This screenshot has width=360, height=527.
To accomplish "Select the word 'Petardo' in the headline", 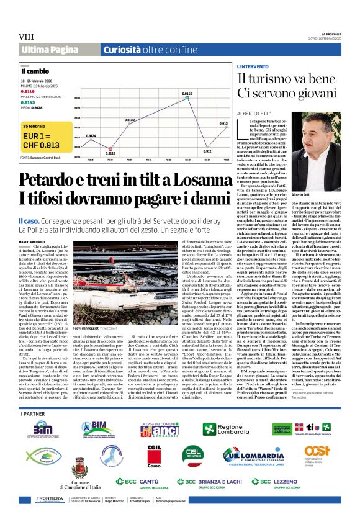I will click(48, 180).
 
